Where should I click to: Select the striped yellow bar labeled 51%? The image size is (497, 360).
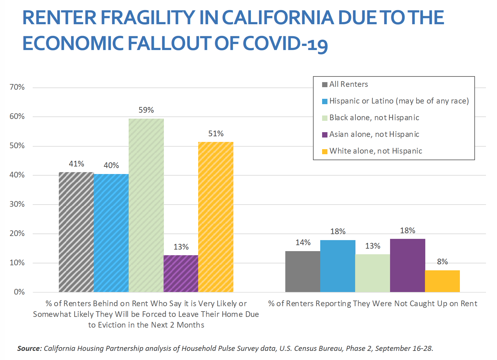pyautogui.click(x=216, y=217)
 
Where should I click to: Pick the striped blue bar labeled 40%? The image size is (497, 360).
pyautogui.click(x=111, y=233)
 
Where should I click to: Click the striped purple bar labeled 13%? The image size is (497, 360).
pyautogui.click(x=181, y=273)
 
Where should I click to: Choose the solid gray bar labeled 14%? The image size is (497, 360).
pyautogui.click(x=303, y=271)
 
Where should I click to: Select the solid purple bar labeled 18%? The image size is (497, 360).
pyautogui.click(x=407, y=265)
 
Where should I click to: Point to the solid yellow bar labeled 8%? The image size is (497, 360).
pyautogui.click(x=442, y=281)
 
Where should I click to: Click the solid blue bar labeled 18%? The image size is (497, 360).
pyautogui.click(x=338, y=266)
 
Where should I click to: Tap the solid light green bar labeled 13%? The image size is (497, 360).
pyautogui.click(x=372, y=273)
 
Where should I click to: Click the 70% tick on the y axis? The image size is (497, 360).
pyautogui.click(x=17, y=87)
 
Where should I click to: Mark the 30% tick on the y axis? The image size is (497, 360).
pyautogui.click(x=17, y=204)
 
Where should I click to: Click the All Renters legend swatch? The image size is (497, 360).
pyautogui.click(x=325, y=85)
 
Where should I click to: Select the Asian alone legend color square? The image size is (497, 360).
pyautogui.click(x=325, y=135)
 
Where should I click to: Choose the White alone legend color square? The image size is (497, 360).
pyautogui.click(x=325, y=151)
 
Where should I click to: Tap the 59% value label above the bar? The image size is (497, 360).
pyautogui.click(x=146, y=110)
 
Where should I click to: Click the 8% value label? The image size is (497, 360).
pyautogui.click(x=442, y=262)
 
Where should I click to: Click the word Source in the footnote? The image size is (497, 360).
pyautogui.click(x=29, y=348)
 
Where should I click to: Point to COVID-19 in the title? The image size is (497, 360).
pyautogui.click(x=285, y=43)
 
